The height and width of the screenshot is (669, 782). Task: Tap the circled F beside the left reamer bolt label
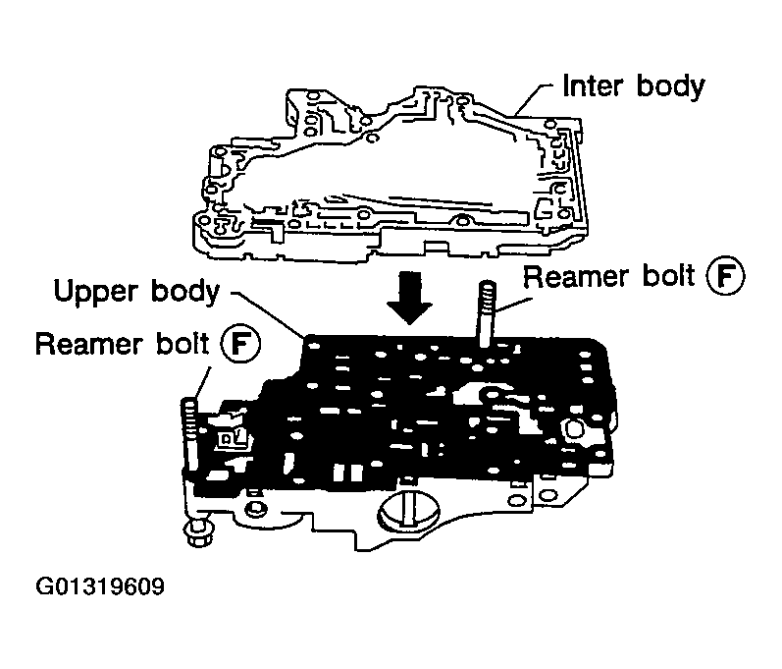[x=236, y=345]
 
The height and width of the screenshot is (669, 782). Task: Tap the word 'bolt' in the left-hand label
[x=186, y=345]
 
